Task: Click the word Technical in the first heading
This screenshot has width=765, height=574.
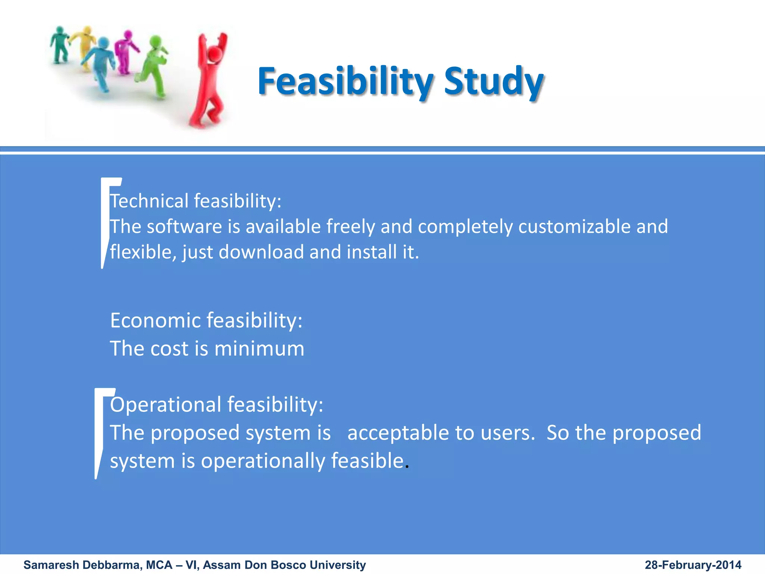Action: pyautogui.click(x=149, y=201)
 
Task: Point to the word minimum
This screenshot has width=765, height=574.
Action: pyautogui.click(x=259, y=349)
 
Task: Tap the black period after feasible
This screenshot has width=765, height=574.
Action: pyautogui.click(x=407, y=466)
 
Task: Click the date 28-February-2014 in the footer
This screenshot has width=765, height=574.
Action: pyautogui.click(x=693, y=565)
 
